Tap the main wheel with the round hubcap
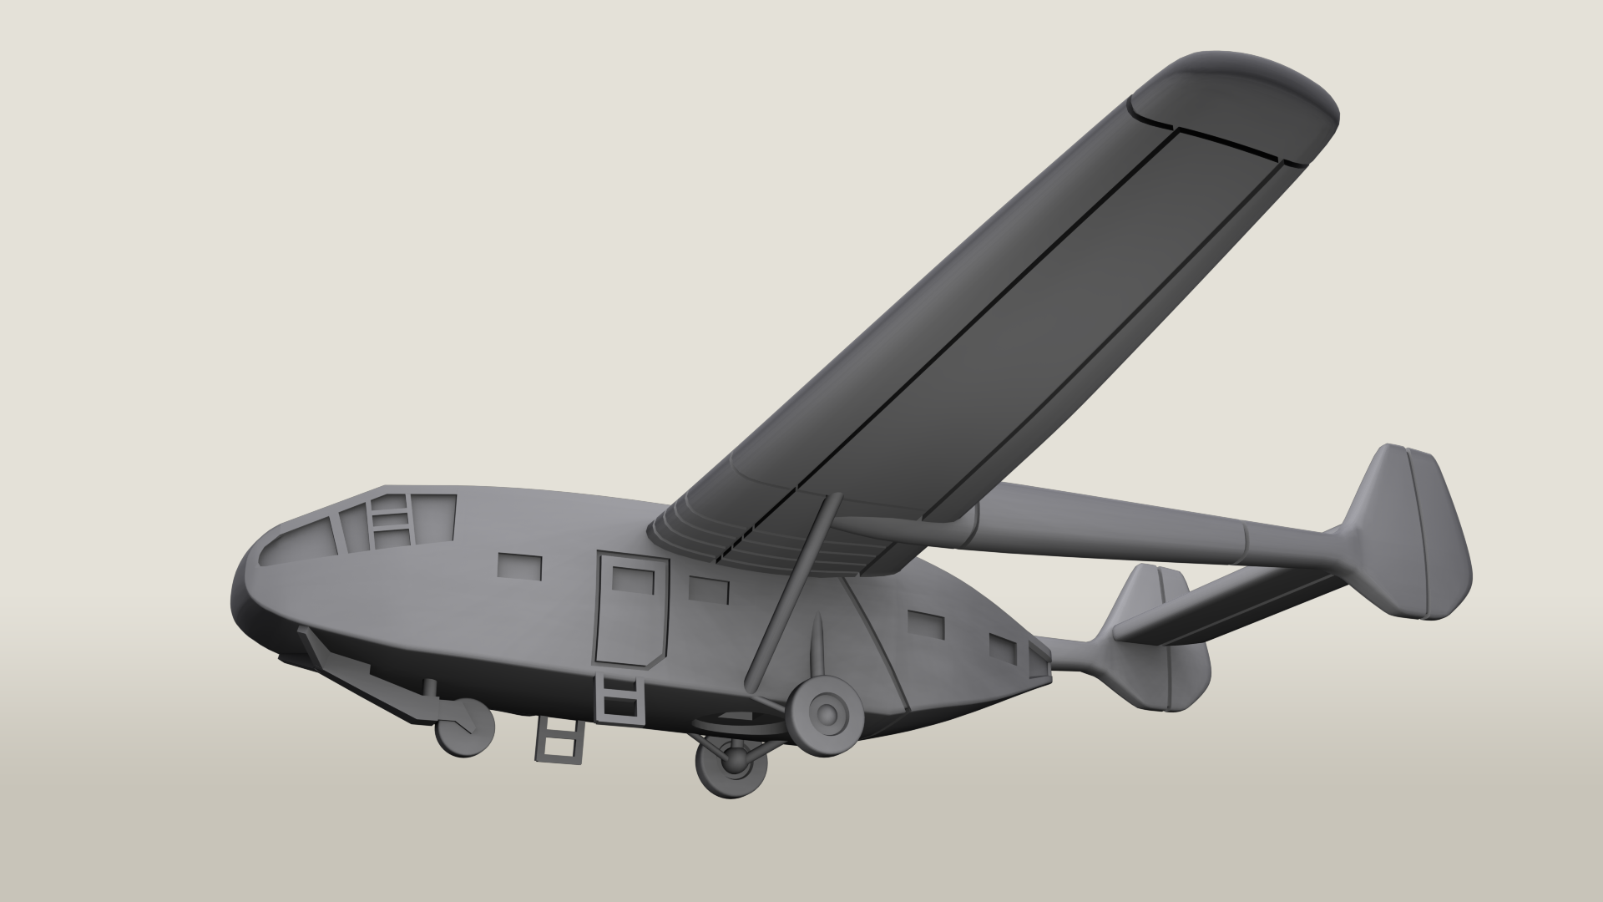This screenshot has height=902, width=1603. coord(828,712)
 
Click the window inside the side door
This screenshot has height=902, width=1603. coord(632,578)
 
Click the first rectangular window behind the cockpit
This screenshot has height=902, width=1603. coord(519,567)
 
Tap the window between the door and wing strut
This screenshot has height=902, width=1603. coord(708,590)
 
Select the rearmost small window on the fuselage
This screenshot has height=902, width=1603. coord(1004,649)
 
